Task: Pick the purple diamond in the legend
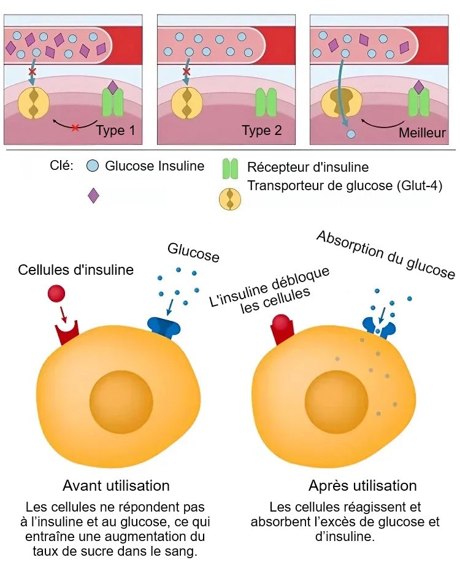[93, 196]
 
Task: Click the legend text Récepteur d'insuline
[308, 167]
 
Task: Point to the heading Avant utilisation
[116, 486]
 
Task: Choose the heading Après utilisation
[362, 486]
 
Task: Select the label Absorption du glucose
[386, 255]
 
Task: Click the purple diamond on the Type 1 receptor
[112, 87]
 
